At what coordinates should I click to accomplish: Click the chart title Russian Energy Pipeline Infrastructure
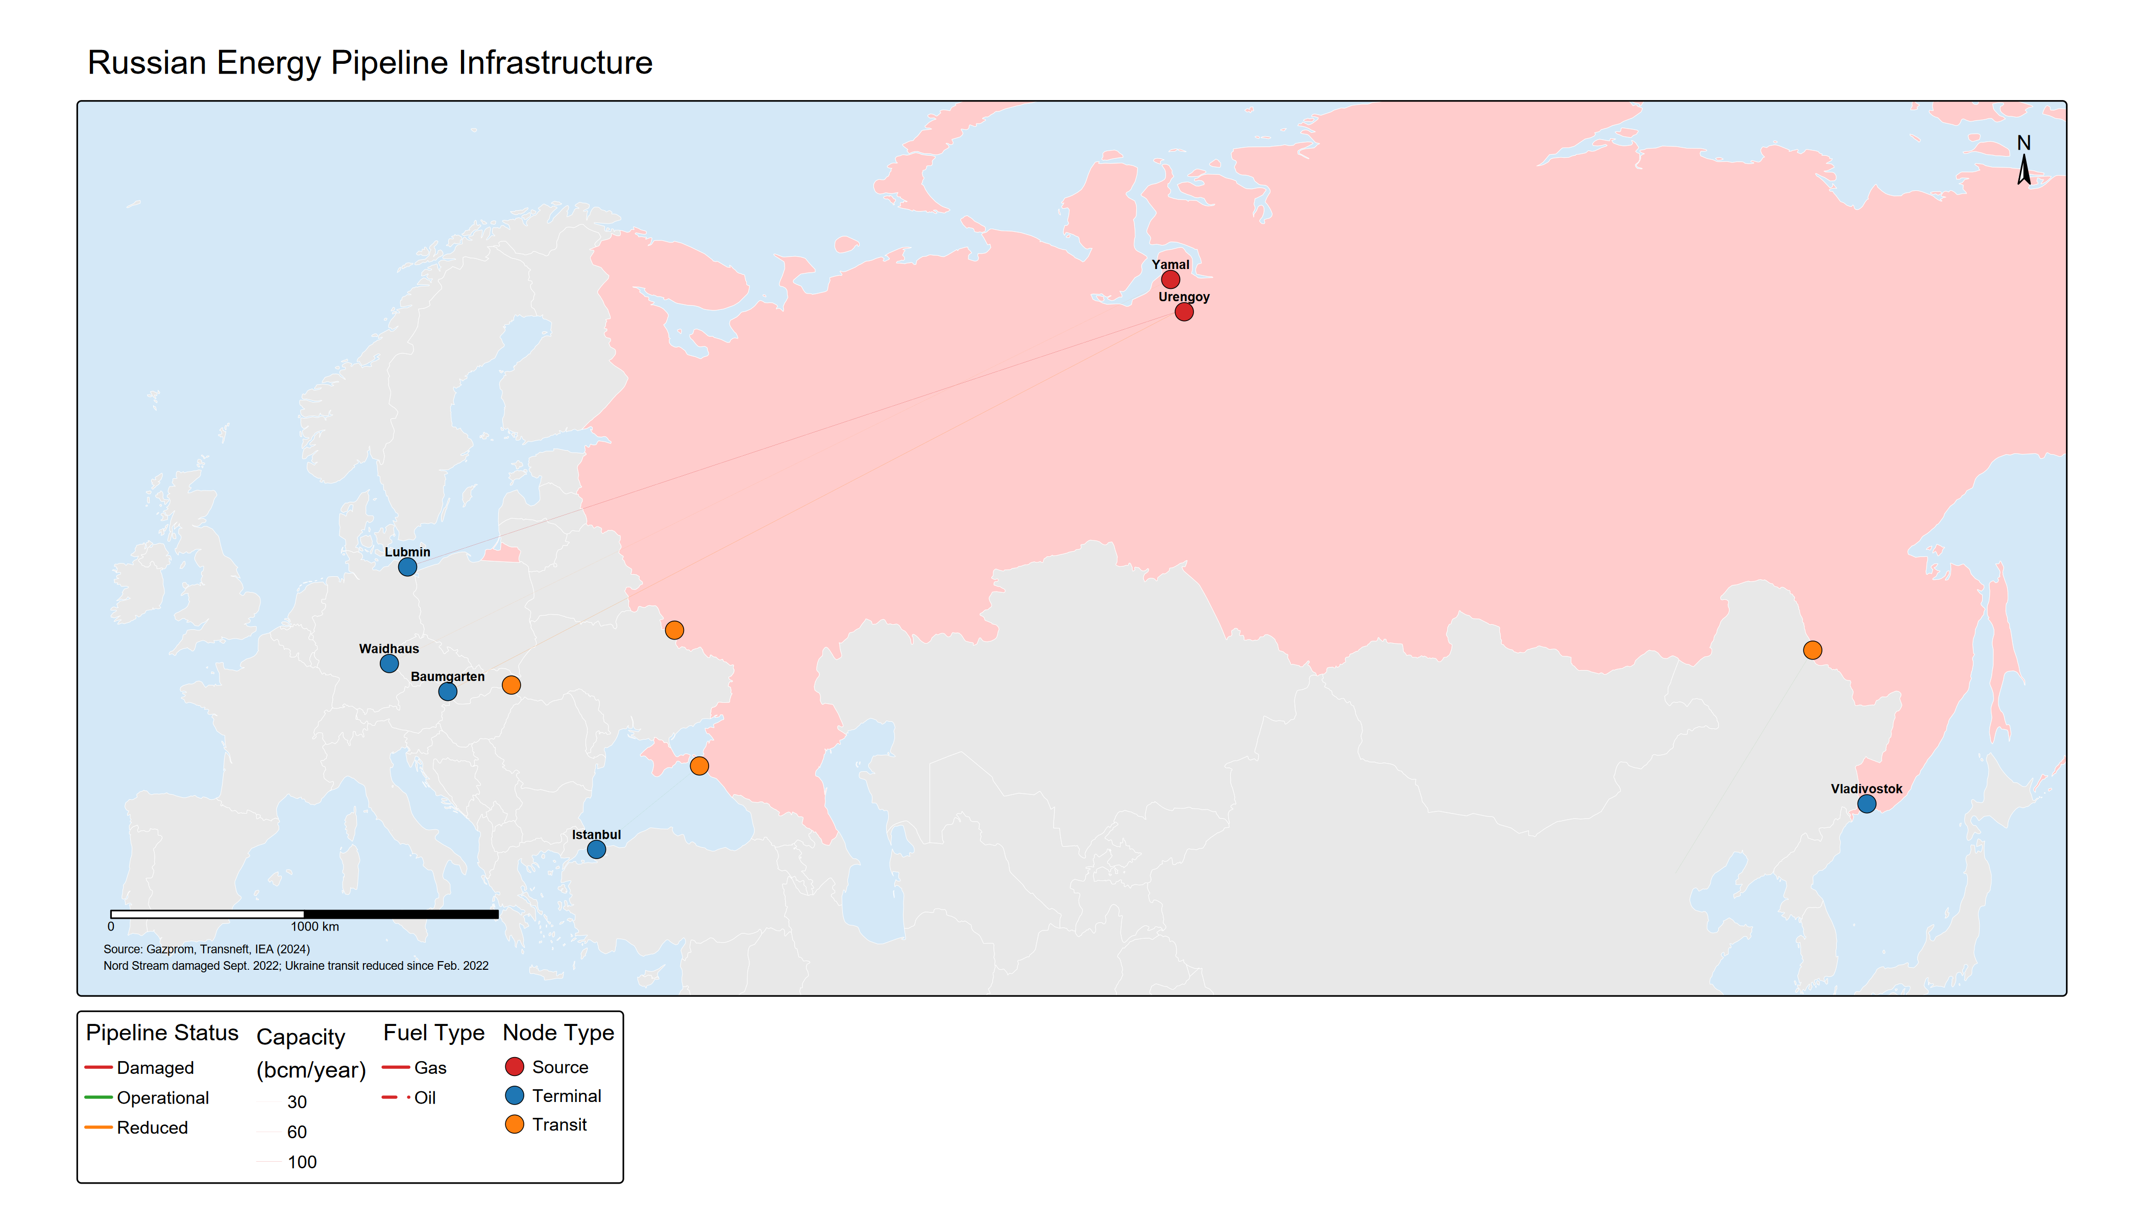pos(370,63)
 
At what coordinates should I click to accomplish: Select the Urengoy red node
pos(1183,312)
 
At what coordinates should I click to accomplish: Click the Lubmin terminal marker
pos(407,567)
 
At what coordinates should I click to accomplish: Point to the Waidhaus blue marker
pos(389,664)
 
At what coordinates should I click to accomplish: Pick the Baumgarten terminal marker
pos(448,692)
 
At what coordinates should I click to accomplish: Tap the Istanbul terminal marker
pos(596,850)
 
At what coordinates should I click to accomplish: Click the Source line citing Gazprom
pos(206,949)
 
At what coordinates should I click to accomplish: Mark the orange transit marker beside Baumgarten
pos(511,685)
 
